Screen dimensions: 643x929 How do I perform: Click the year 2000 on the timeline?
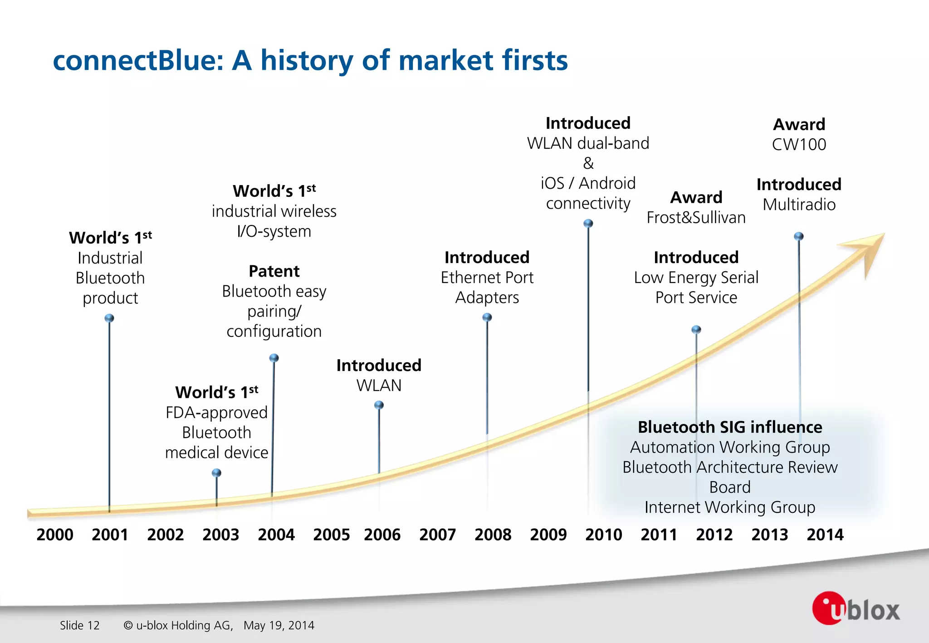coord(55,535)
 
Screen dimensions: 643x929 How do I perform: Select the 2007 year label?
coord(437,535)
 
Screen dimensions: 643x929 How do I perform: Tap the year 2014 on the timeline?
coord(825,535)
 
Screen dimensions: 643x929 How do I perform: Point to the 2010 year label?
coord(603,535)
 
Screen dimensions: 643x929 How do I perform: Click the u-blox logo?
coord(856,609)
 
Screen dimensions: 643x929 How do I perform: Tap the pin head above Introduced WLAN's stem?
coord(379,405)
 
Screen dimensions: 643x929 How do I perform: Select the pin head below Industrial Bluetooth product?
coord(109,318)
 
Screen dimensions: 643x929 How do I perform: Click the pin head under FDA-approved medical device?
coord(217,473)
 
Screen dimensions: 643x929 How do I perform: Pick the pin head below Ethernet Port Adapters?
coord(487,317)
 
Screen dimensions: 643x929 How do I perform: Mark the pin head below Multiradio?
coord(799,236)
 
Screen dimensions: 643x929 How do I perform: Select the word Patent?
coord(274,271)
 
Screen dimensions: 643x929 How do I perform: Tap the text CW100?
coord(799,145)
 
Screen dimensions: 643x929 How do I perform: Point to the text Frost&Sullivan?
coord(696,218)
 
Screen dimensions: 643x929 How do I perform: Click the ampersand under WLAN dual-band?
coord(588,163)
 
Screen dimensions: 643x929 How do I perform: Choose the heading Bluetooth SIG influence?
coord(729,427)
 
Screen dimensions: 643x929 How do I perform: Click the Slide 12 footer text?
coord(80,625)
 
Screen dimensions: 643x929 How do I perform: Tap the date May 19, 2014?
coord(279,625)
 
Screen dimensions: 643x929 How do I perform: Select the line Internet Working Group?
coord(729,507)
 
